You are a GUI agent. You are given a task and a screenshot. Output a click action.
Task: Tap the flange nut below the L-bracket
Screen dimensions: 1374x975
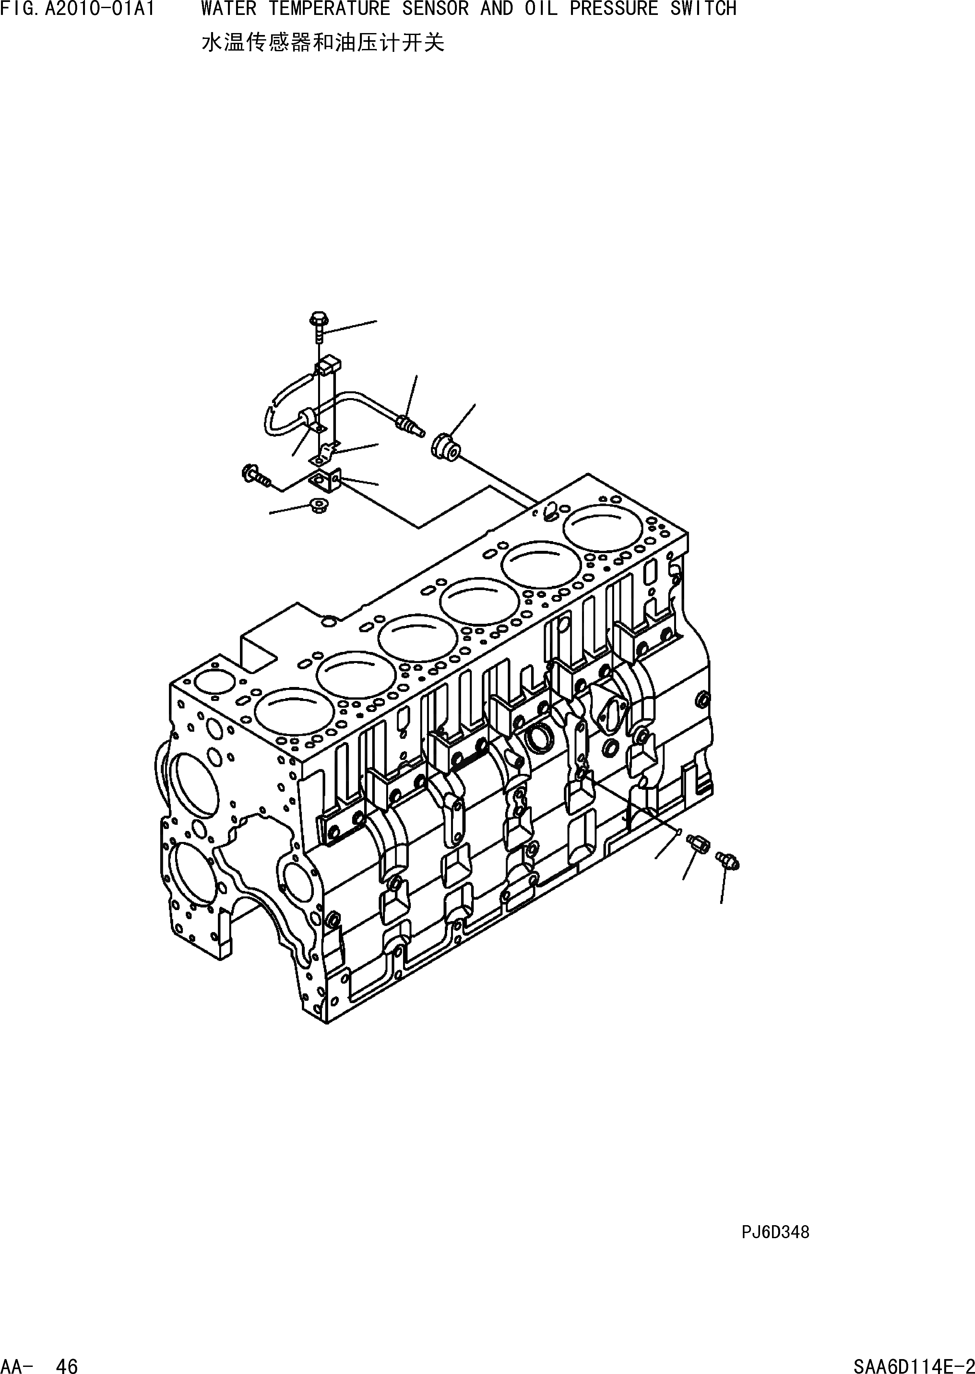[x=316, y=505]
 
